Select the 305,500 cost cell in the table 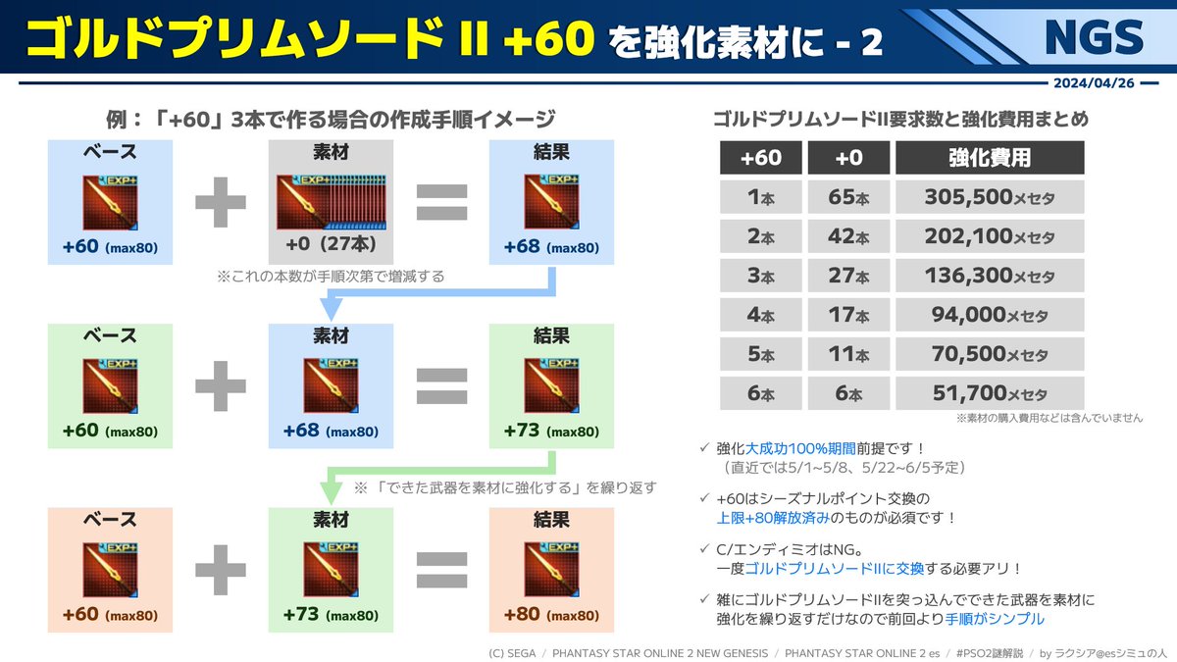tap(990, 197)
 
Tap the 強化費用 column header tap(990, 158)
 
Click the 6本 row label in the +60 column tap(760, 393)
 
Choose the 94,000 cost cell tap(990, 315)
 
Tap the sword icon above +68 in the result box tap(551, 201)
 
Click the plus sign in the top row tap(221, 202)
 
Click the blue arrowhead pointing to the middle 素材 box tap(332, 309)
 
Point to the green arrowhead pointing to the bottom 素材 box tap(332, 492)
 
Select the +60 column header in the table tap(760, 158)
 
